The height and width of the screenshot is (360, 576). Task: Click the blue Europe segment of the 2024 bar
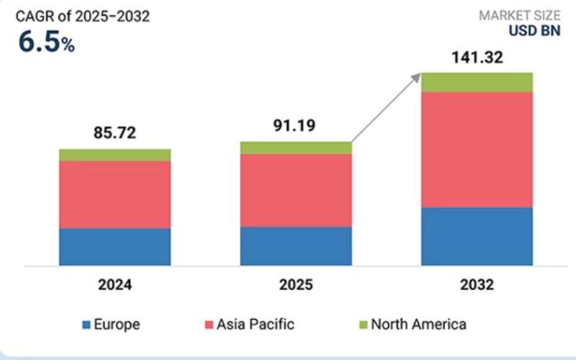[114, 247]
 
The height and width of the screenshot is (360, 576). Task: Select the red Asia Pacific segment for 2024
[114, 194]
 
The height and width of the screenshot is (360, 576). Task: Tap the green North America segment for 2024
[114, 155]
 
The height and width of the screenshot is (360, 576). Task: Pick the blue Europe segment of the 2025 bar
[296, 246]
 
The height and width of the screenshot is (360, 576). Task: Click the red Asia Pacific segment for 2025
[296, 190]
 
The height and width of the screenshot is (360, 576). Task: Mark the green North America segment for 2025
[296, 148]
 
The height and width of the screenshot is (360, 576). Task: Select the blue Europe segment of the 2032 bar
[477, 236]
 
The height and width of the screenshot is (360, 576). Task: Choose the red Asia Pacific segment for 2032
[477, 150]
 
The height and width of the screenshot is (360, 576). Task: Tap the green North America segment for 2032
[477, 82]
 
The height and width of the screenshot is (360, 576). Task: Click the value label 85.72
[114, 133]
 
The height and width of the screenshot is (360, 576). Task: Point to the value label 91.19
[296, 125]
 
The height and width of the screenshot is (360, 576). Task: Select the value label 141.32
[477, 57]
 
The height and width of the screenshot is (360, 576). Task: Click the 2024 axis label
[114, 285]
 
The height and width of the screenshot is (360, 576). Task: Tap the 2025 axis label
[296, 285]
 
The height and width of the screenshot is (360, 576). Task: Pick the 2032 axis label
[477, 285]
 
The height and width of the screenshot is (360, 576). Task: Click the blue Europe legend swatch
[87, 325]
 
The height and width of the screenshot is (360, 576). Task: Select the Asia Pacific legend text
[256, 325]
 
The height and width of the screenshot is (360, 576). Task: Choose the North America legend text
[419, 325]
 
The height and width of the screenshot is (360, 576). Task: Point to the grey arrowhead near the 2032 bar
[418, 76]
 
